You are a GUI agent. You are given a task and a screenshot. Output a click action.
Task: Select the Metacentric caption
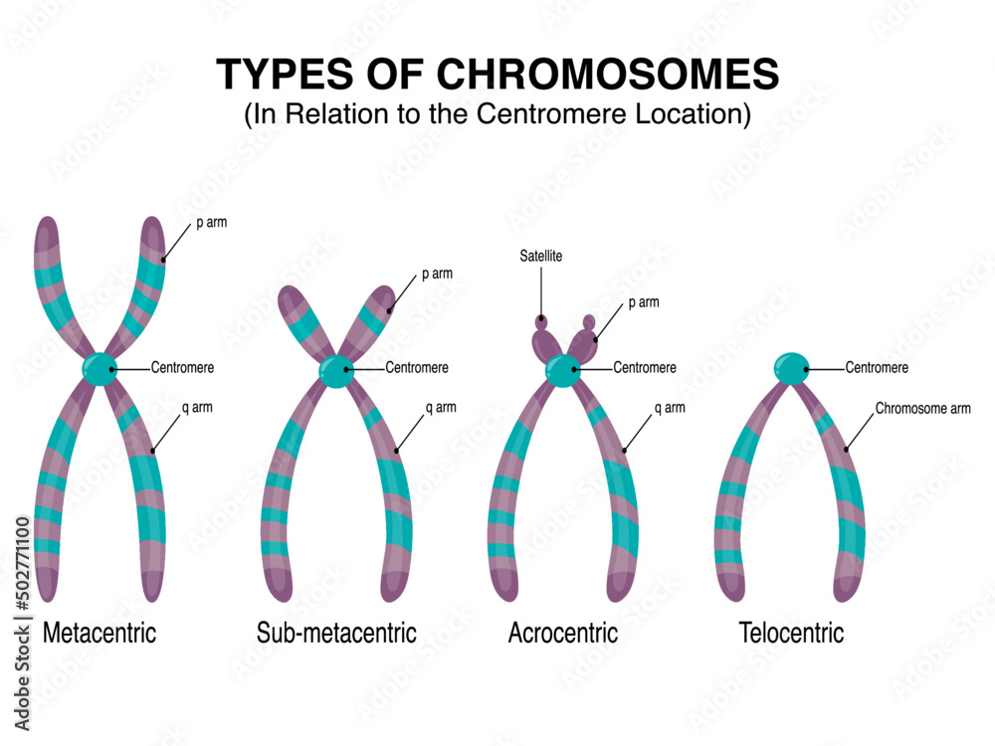click(x=99, y=633)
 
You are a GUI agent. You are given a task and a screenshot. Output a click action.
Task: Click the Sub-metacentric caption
click(x=336, y=633)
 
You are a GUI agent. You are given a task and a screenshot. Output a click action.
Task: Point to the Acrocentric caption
click(x=563, y=633)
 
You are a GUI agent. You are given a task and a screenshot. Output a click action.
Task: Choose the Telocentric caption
click(x=791, y=633)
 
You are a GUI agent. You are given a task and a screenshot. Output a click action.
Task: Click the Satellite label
click(x=541, y=257)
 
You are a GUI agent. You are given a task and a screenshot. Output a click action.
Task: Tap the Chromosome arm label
click(x=922, y=409)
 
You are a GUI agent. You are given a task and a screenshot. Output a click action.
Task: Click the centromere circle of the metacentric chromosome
click(x=99, y=369)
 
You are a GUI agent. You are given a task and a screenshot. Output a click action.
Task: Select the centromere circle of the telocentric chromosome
click(x=792, y=368)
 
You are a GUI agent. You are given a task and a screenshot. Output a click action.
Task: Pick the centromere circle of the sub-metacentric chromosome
click(x=336, y=370)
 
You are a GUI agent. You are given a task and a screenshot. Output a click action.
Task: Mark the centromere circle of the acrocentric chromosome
click(x=562, y=370)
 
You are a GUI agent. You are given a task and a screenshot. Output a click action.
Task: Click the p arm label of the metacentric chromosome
click(x=211, y=223)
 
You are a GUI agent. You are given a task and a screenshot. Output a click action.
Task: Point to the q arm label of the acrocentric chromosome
click(x=669, y=408)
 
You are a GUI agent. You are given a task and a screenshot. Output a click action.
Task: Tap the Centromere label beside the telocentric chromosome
click(x=877, y=368)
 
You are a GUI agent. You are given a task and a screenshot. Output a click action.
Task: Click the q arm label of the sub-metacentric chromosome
click(x=441, y=408)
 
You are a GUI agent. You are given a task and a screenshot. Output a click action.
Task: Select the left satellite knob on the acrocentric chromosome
click(x=541, y=321)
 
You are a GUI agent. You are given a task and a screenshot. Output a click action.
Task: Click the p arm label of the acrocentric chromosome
click(x=643, y=302)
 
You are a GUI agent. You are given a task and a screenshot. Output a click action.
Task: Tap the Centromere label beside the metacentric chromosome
click(x=182, y=368)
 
